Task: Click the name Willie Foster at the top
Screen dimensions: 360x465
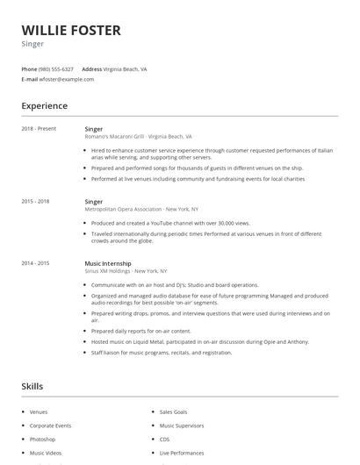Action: [x=70, y=31]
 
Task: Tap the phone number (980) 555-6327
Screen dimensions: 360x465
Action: [x=57, y=68]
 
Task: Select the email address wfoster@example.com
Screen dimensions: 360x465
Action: [x=67, y=79]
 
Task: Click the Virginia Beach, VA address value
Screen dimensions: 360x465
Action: [x=125, y=68]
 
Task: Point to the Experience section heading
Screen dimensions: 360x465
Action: [x=44, y=106]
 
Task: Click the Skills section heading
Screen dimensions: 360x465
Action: [x=32, y=386]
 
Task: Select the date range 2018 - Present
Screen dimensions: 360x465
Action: [x=39, y=129]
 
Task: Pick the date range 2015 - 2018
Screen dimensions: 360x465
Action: [x=35, y=201]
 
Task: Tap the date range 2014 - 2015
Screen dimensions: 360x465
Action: [x=35, y=263]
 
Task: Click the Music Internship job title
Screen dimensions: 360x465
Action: [x=108, y=263]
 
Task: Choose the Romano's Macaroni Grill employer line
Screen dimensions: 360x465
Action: [x=138, y=137]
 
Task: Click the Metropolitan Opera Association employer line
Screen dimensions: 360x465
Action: [x=141, y=210]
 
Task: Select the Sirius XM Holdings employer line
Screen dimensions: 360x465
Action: [x=126, y=271]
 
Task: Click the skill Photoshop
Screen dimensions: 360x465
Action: [x=42, y=439]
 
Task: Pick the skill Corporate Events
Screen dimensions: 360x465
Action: [x=50, y=426]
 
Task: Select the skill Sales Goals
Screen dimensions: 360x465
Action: [x=173, y=411]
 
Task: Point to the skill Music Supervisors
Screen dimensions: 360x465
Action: [x=181, y=426]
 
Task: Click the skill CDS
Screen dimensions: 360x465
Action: [x=164, y=439]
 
